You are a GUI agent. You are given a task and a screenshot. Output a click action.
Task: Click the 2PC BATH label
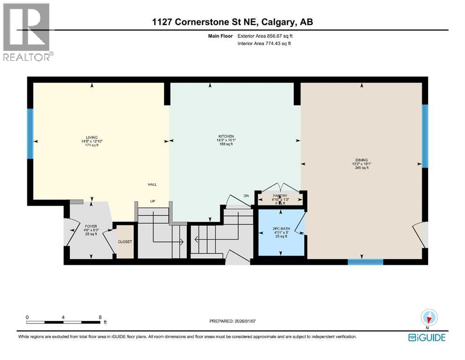pos(281,228)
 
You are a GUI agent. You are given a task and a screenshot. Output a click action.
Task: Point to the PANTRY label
pos(281,195)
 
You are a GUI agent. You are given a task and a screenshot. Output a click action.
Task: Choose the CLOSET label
pos(125,242)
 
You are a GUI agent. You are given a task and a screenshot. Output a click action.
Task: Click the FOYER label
pos(90,225)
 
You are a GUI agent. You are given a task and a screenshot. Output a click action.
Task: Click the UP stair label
pos(152,202)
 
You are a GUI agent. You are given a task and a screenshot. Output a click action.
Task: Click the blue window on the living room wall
pos(30,134)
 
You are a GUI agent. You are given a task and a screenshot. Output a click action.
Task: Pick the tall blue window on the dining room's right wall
pos(425,136)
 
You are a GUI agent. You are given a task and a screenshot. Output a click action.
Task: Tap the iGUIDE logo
pos(427,337)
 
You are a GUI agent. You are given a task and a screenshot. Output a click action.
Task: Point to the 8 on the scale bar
pos(100,317)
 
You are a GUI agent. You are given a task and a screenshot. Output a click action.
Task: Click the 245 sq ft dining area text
pos(362,168)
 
